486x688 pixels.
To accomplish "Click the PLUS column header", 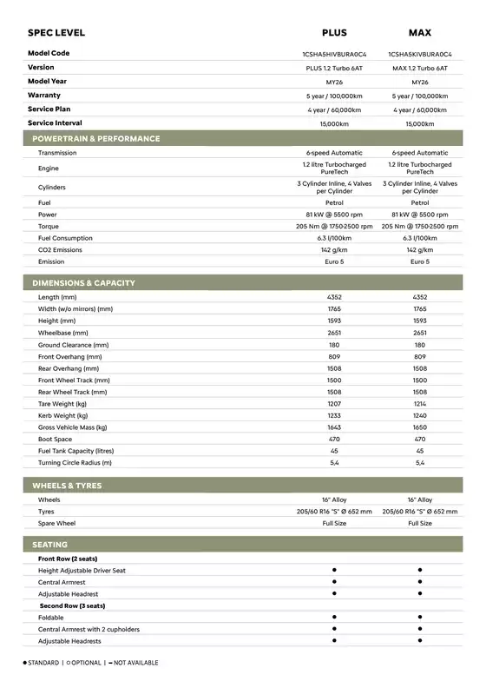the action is coord(334,33).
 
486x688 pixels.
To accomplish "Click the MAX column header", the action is coord(420,33).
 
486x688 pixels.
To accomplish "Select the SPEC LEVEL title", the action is coord(56,33).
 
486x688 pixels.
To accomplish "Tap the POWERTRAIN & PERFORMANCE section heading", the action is coord(96,138).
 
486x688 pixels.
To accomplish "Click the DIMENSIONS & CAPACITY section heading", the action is coord(83,283).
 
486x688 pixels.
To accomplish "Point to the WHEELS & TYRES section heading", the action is coord(67,486).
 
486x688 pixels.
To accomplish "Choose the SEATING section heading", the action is coord(50,544).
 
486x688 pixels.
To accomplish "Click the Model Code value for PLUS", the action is coord(334,54).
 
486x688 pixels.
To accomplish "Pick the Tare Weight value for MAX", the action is coord(420,404).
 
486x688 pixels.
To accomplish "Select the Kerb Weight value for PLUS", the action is coord(334,416).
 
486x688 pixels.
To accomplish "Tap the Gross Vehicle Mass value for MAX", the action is coord(420,427).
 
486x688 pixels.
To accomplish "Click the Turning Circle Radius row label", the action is coord(76,463).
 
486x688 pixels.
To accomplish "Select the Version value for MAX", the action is coord(420,68).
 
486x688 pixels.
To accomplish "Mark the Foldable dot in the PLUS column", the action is coord(334,617).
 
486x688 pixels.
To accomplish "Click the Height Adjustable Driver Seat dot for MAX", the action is coord(420,570).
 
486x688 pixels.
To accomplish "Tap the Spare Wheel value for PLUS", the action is coord(334,524).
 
